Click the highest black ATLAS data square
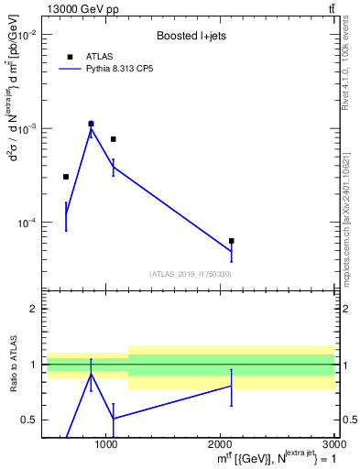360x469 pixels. (91, 124)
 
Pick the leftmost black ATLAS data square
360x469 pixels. (66, 177)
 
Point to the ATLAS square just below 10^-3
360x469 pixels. (113, 139)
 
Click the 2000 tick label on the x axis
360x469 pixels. (220, 444)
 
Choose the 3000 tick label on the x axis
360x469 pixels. (333, 444)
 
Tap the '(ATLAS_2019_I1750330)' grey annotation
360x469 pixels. (190, 274)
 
